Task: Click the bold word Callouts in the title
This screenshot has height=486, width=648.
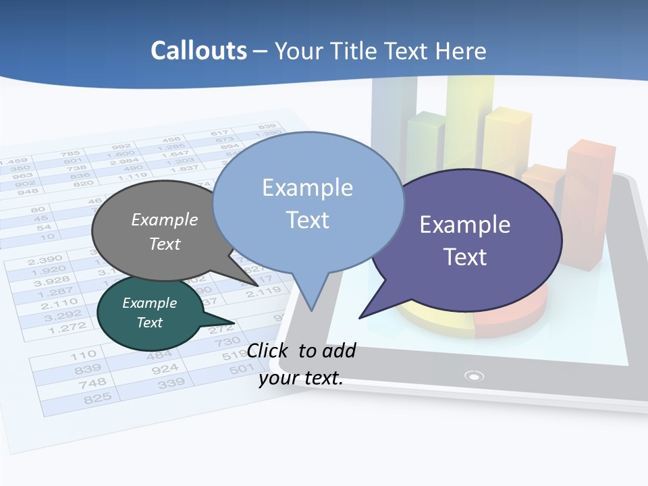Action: [198, 51]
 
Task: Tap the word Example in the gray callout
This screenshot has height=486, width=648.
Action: [164, 219]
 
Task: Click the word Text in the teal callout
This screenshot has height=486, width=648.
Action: [149, 323]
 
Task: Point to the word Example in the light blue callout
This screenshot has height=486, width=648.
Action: [307, 187]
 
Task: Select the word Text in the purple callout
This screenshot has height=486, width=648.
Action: [465, 257]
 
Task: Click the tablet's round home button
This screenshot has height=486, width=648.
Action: [475, 376]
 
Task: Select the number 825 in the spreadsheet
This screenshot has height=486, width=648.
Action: [97, 398]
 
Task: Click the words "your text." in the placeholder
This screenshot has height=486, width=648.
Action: [301, 378]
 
